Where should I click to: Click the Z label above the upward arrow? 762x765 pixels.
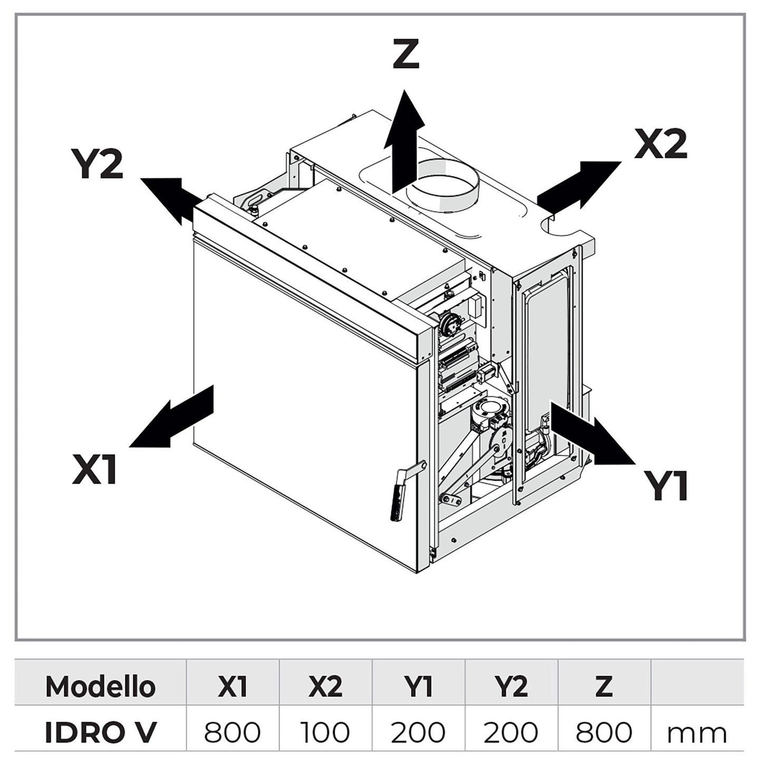tap(406, 55)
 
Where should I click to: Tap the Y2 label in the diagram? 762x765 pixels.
tap(97, 164)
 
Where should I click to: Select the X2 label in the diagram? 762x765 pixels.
tap(661, 144)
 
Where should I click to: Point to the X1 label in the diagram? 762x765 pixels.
tap(95, 470)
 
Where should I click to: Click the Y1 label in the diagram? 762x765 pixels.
tap(666, 485)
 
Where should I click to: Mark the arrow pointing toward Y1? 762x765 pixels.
tap(592, 434)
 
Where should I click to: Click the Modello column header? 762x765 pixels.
tap(100, 686)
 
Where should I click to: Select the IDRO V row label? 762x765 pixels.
tap(100, 732)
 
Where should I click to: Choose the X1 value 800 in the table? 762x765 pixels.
tap(232, 732)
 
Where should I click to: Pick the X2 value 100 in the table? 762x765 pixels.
tap(325, 732)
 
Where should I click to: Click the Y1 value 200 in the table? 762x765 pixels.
tap(418, 732)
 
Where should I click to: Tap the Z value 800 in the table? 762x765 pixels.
tap(604, 732)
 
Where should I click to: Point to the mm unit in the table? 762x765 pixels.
tap(697, 733)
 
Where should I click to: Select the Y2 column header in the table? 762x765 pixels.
tap(510, 686)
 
